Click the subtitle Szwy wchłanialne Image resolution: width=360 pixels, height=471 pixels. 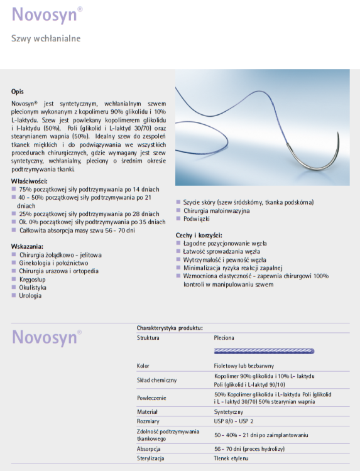46,39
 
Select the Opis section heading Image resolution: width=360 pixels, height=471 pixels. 18,92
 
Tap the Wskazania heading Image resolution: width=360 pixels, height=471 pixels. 27,247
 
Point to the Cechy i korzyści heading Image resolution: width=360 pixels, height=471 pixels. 199,234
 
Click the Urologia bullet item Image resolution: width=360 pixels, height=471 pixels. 30,295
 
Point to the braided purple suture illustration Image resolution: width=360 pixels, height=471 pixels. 264,350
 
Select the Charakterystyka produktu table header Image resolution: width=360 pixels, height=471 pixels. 170,328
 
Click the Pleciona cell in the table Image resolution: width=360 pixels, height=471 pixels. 224,338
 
